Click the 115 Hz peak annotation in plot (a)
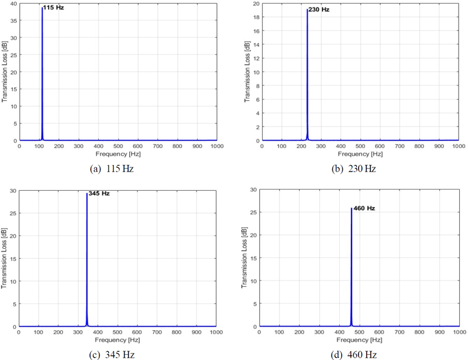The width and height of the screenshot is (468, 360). point(53,8)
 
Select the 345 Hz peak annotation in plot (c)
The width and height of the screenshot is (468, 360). point(98,193)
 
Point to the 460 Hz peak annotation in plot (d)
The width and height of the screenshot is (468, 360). point(363,208)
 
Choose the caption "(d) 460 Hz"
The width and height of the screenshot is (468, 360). point(353,355)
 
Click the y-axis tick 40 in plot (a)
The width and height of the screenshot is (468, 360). point(13,4)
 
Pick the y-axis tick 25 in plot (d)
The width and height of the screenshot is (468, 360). point(254,212)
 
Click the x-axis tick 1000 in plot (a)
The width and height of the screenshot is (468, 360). point(216,146)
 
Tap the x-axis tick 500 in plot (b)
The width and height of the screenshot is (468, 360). point(360,146)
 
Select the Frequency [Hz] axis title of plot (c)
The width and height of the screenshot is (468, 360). point(117,340)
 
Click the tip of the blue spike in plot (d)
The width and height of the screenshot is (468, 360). point(351,208)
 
